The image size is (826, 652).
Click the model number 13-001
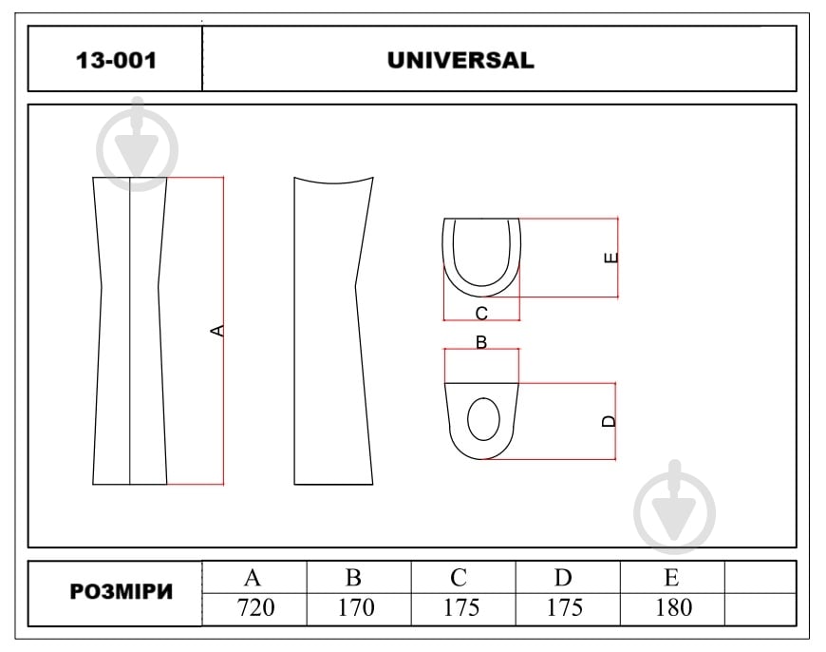[x=116, y=60]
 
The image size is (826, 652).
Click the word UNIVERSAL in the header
[x=460, y=60]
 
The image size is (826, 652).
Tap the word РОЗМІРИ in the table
[x=122, y=592]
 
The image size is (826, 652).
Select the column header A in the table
[x=253, y=578]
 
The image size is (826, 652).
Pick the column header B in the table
[x=353, y=578]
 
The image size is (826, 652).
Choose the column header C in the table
[x=459, y=578]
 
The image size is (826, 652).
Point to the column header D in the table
[x=563, y=578]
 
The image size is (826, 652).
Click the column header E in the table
[x=671, y=578]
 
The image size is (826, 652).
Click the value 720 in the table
[x=256, y=607]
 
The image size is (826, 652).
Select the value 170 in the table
[x=357, y=607]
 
